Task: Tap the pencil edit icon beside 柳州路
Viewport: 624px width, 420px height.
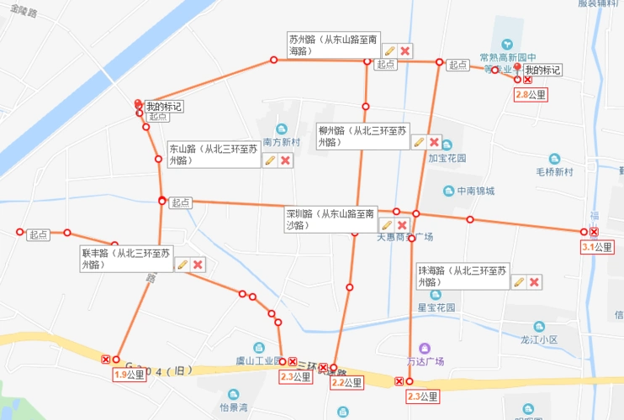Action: (x=418, y=142)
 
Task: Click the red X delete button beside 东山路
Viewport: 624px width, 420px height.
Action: (x=285, y=160)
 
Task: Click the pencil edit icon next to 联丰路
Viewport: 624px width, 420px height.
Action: (x=182, y=265)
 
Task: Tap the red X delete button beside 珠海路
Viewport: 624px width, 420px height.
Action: (x=534, y=281)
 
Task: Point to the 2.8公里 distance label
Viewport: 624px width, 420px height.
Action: (x=531, y=95)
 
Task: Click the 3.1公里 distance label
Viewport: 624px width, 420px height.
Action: (x=598, y=247)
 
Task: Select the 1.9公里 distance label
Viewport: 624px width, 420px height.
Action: (x=130, y=375)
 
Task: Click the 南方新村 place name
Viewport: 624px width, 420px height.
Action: (x=281, y=142)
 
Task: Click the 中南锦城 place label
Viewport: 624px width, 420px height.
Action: (x=476, y=191)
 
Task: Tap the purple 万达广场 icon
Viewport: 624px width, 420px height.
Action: (x=424, y=348)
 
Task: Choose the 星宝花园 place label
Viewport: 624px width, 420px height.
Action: (x=436, y=307)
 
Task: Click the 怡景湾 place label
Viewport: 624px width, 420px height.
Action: (x=234, y=407)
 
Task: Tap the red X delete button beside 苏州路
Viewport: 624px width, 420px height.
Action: (x=405, y=51)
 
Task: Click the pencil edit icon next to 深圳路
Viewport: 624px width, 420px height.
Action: (x=387, y=225)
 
